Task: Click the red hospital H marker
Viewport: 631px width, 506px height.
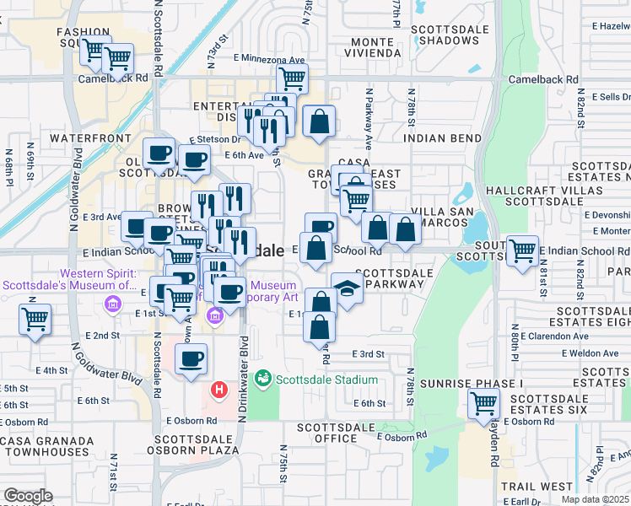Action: pyautogui.click(x=219, y=390)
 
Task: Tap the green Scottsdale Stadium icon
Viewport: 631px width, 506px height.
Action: pyautogui.click(x=263, y=379)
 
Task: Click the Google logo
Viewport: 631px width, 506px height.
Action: pyautogui.click(x=28, y=496)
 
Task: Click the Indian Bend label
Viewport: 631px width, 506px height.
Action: pyautogui.click(x=435, y=137)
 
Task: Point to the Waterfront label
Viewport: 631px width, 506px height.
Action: pyautogui.click(x=90, y=137)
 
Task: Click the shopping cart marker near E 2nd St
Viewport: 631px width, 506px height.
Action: pyautogui.click(x=35, y=320)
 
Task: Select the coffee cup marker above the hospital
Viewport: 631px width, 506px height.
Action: pyautogui.click(x=191, y=358)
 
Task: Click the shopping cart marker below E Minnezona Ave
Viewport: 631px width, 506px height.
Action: pyautogui.click(x=292, y=78)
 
